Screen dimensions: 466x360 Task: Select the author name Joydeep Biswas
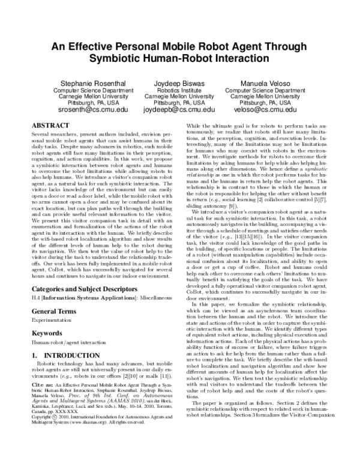click(x=179, y=83)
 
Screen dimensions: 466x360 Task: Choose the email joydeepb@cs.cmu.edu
click(x=179, y=110)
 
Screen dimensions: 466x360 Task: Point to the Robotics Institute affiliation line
click(x=179, y=91)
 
